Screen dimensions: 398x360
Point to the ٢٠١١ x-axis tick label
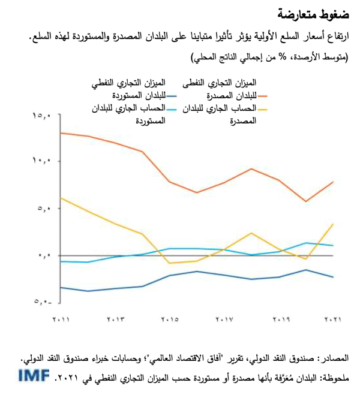[x=61, y=319]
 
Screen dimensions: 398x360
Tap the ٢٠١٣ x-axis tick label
[x=116, y=319]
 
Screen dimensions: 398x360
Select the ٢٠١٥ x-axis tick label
[x=170, y=319]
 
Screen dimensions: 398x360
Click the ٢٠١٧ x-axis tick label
[x=224, y=319]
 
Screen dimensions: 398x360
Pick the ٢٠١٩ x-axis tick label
[x=279, y=319]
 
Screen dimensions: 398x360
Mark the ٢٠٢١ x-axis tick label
[x=332, y=319]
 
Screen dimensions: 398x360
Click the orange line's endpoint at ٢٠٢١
[x=333, y=181]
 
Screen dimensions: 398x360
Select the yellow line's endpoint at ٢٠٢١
[x=333, y=224]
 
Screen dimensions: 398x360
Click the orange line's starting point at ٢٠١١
[x=61, y=132]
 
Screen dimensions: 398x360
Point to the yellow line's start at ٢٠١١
[x=61, y=198]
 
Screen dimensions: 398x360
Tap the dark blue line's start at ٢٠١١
[x=61, y=288]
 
